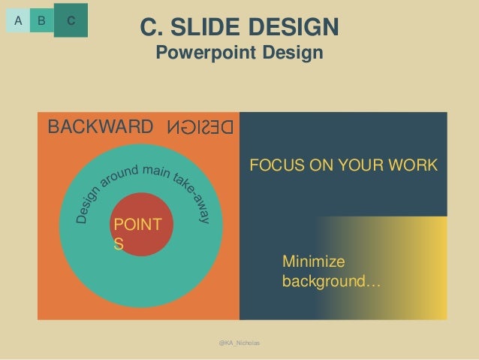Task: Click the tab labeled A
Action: pos(18,21)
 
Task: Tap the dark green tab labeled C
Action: pos(71,20)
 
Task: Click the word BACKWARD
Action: pos(100,126)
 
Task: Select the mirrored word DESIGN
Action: pos(200,126)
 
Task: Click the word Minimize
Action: pos(312,262)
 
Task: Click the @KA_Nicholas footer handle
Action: pos(239,342)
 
